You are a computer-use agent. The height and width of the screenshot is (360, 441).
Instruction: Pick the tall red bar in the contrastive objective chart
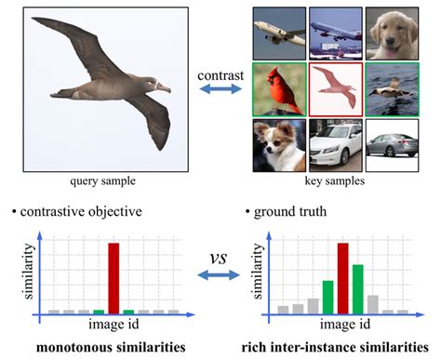114,276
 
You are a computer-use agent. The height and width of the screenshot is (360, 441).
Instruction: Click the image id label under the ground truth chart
339,325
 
